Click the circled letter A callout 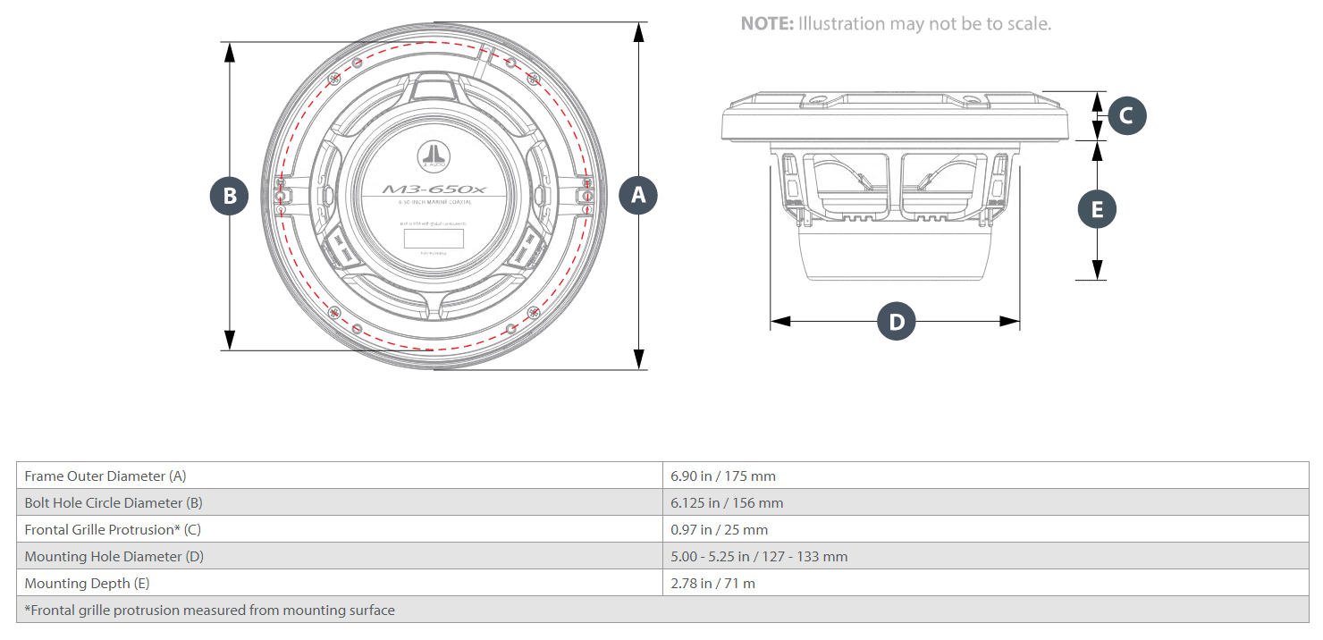click(x=638, y=195)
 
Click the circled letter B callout click(x=230, y=196)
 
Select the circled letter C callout click(x=1126, y=115)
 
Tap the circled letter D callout click(x=897, y=322)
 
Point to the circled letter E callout click(x=1098, y=209)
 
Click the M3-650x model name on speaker click(x=434, y=189)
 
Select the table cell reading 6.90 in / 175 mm click(x=723, y=476)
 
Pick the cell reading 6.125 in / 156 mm click(x=727, y=503)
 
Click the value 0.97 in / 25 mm click(x=719, y=530)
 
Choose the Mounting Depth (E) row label click(x=87, y=584)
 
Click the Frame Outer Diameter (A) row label click(x=105, y=476)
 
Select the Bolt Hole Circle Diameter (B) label click(x=114, y=503)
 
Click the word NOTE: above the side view click(x=767, y=24)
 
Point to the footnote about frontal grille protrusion click(x=209, y=611)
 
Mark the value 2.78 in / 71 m click(x=712, y=584)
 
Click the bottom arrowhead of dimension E click(x=1098, y=270)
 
